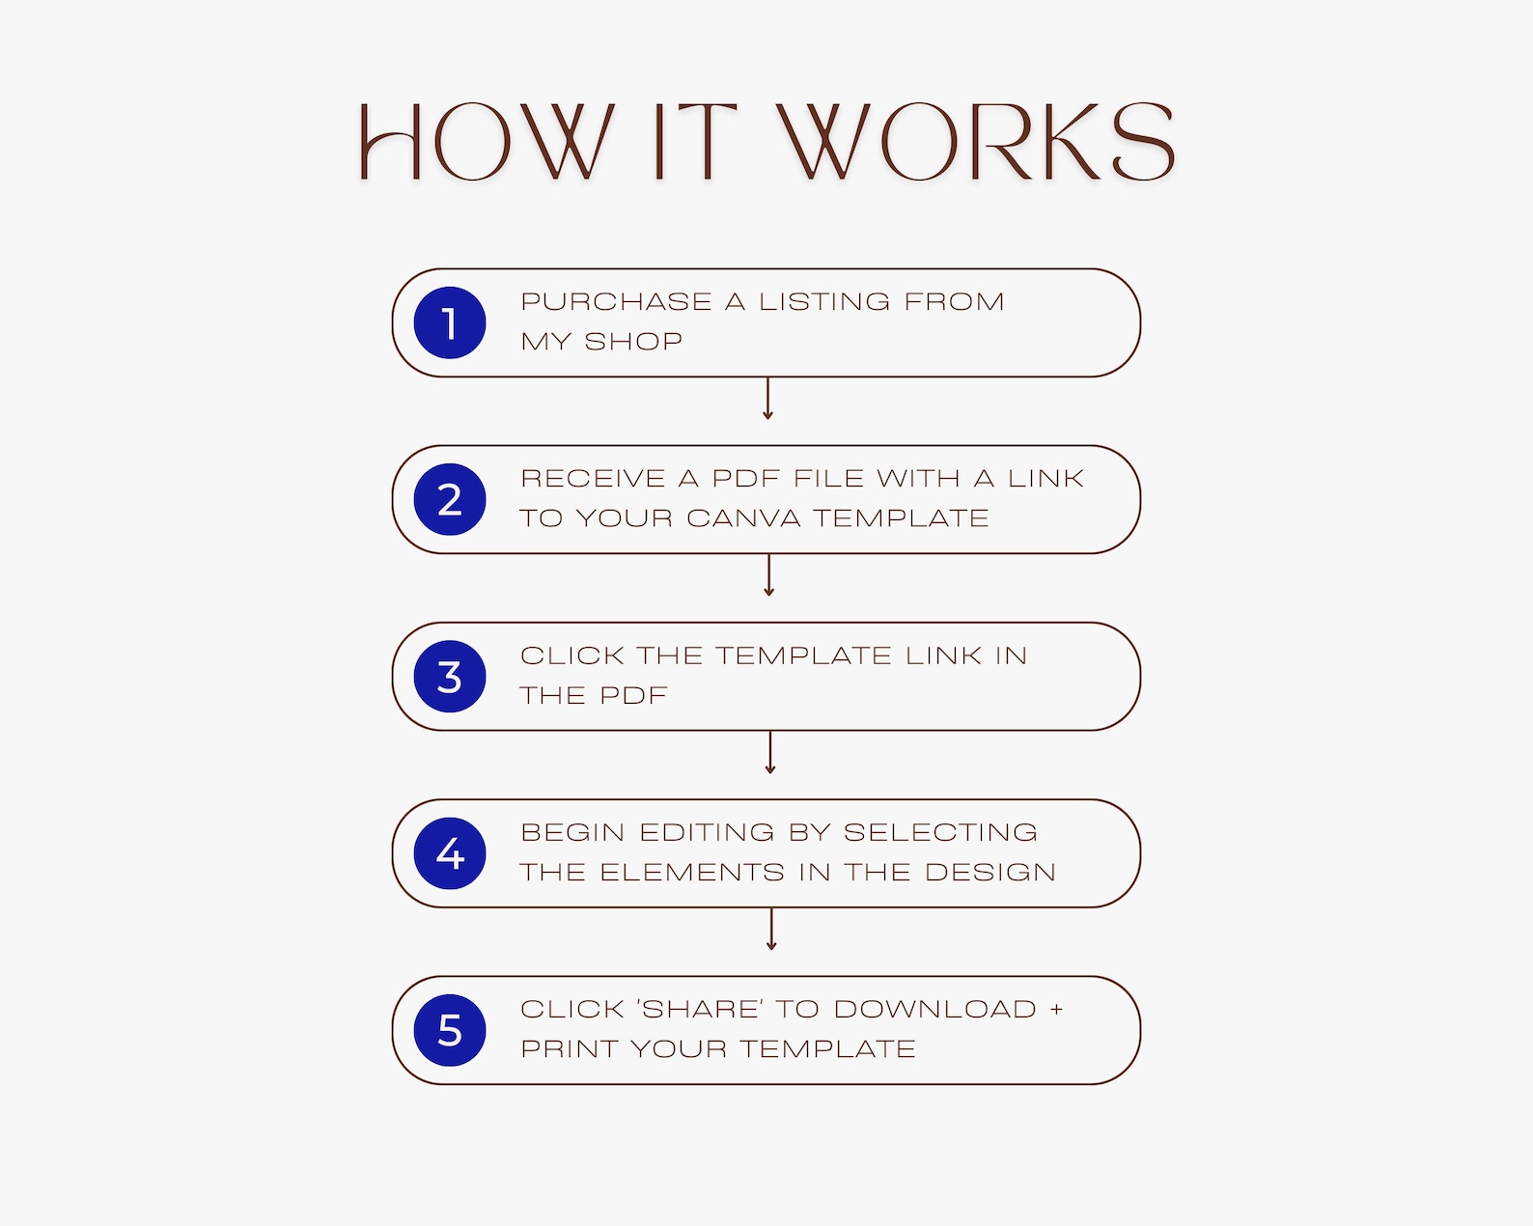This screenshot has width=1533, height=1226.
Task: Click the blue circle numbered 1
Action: tap(450, 322)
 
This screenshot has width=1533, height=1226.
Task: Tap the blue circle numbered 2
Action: tap(450, 499)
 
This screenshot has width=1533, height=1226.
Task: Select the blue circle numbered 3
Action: tap(450, 676)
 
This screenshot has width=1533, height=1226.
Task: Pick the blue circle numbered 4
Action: tap(450, 853)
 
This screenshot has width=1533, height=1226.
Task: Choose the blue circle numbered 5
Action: tap(450, 1030)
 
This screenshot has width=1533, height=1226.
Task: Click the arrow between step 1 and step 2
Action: tap(767, 399)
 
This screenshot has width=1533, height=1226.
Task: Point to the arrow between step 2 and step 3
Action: tap(768, 575)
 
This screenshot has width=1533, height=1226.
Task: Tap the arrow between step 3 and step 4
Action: tap(770, 752)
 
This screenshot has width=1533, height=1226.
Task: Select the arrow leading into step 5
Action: tap(770, 929)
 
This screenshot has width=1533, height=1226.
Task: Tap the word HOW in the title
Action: tap(487, 141)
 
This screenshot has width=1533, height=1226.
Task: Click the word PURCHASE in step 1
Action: tap(616, 301)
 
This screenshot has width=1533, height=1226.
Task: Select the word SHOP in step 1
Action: tap(633, 341)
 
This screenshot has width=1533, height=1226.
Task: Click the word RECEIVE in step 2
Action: tap(593, 478)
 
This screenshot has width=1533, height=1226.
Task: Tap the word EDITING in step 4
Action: tap(707, 832)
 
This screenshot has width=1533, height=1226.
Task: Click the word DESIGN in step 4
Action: tap(990, 872)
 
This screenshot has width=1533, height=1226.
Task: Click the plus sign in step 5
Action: tap(1056, 1010)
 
